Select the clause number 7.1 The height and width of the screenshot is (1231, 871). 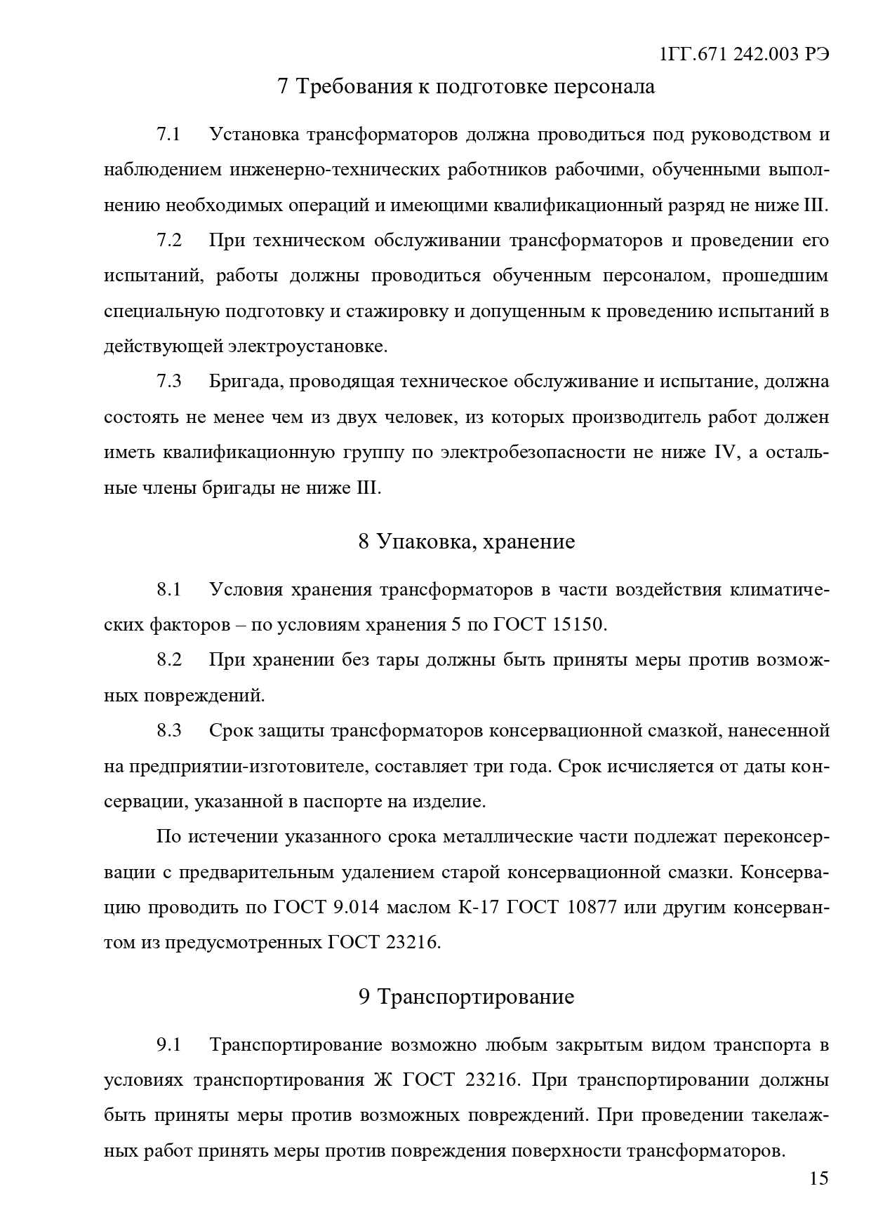click(168, 134)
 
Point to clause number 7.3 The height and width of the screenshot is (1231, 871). click(168, 381)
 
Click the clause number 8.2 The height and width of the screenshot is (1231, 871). click(168, 660)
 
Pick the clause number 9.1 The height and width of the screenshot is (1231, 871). click(168, 1044)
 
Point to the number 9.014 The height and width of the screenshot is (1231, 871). click(356, 907)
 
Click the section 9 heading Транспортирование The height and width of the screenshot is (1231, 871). click(476, 997)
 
